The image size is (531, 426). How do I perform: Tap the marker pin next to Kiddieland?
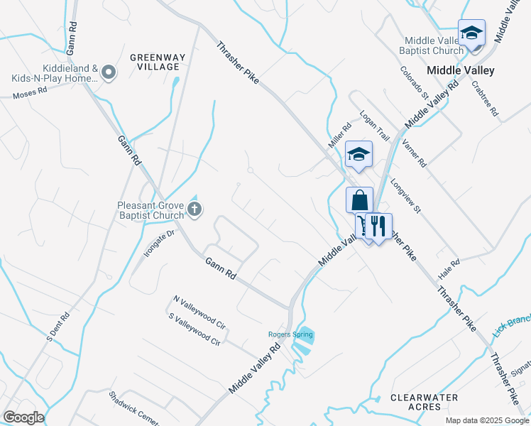[x=109, y=72]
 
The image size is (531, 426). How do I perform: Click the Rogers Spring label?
[x=286, y=334]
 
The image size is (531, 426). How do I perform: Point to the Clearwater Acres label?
[x=424, y=402]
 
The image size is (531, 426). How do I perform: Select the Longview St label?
[x=405, y=196]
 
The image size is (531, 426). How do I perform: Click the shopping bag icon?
[x=360, y=200]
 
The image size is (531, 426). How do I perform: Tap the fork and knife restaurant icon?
[x=378, y=226]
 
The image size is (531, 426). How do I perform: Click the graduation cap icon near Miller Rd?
[x=358, y=154]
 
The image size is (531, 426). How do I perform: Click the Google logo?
[x=23, y=417]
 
